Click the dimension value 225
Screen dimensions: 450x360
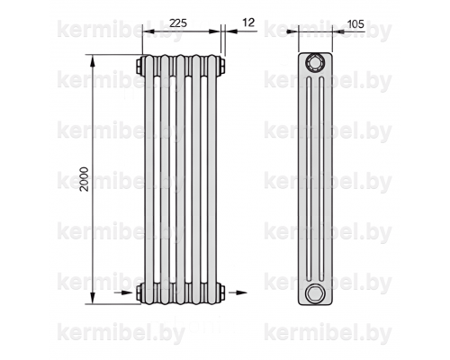click(178, 23)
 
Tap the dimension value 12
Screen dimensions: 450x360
click(248, 22)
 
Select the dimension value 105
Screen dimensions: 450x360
click(355, 23)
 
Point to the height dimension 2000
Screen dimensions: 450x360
click(85, 179)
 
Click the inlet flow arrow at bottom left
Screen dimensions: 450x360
click(123, 292)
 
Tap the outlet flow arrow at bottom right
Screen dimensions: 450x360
click(238, 292)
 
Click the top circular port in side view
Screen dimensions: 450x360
click(315, 63)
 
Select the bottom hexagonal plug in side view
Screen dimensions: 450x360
click(315, 293)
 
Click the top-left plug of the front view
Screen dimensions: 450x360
click(139, 67)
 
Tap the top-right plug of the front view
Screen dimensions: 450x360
click(221, 66)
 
